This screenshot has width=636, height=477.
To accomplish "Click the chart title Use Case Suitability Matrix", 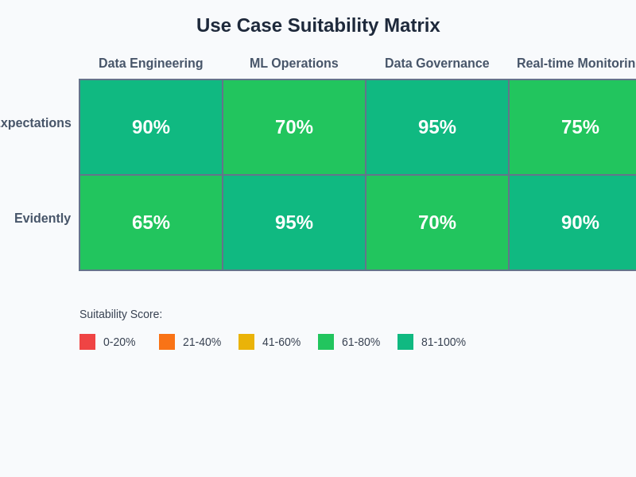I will (318, 25).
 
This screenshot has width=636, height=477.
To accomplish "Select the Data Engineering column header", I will (151, 64).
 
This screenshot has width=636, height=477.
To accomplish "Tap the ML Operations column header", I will (294, 64).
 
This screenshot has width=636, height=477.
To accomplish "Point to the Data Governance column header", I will (437, 64).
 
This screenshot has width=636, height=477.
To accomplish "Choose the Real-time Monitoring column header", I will (576, 64).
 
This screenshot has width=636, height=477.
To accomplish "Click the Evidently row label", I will (42, 219).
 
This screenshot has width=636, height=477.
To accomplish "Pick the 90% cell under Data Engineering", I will (151, 127).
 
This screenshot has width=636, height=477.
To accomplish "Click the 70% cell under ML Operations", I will (294, 127).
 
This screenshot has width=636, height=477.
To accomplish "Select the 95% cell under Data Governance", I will (437, 127).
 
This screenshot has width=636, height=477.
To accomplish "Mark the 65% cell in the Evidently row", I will (151, 223).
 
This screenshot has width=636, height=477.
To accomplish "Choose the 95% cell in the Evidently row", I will (294, 223).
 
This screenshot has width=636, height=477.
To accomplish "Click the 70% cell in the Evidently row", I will (437, 223).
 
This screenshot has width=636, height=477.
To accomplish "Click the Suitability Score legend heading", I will (121, 314).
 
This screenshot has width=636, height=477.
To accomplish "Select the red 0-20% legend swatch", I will (87, 342).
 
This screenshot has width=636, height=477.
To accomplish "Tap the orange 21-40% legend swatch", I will (167, 342).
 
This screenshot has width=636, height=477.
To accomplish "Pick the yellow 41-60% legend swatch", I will (246, 342).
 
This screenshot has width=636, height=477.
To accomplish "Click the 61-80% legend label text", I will (361, 342).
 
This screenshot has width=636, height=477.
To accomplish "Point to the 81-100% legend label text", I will (444, 342).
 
